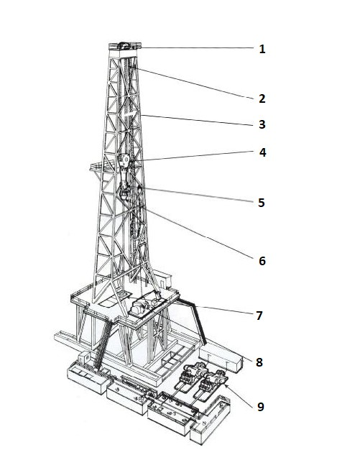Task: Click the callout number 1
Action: point(262,49)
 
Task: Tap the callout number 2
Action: point(262,98)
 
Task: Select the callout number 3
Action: point(262,124)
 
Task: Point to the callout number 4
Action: point(262,152)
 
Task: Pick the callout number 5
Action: point(262,203)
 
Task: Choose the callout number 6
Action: point(262,261)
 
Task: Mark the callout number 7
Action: point(259,316)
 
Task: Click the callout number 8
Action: point(259,362)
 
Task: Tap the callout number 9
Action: point(261,407)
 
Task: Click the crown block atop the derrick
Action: point(125,46)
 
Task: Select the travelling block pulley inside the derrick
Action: point(124,160)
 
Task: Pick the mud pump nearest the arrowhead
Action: point(213,383)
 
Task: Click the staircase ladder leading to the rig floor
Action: point(102,344)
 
